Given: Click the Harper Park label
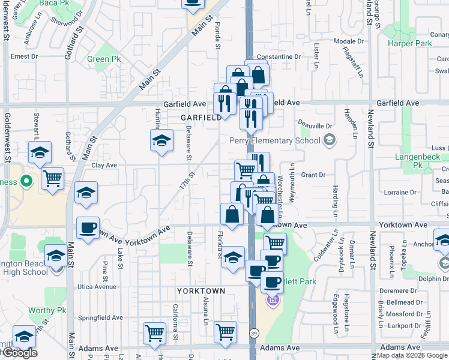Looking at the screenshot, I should [410, 44].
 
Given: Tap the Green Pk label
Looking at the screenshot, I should [103, 59].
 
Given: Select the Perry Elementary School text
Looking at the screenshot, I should [274, 140].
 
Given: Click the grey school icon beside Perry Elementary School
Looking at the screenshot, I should [329, 140].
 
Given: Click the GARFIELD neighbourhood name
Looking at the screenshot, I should [200, 118].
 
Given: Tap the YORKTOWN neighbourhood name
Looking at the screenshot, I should [200, 291].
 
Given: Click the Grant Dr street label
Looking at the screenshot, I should [313, 175].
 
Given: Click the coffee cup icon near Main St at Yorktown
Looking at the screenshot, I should [88, 228].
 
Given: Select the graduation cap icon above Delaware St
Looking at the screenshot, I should [161, 142].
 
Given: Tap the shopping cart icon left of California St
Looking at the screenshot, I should [154, 332].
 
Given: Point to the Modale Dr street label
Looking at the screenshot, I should [345, 41].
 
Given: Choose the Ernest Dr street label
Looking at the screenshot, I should [24, 56].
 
